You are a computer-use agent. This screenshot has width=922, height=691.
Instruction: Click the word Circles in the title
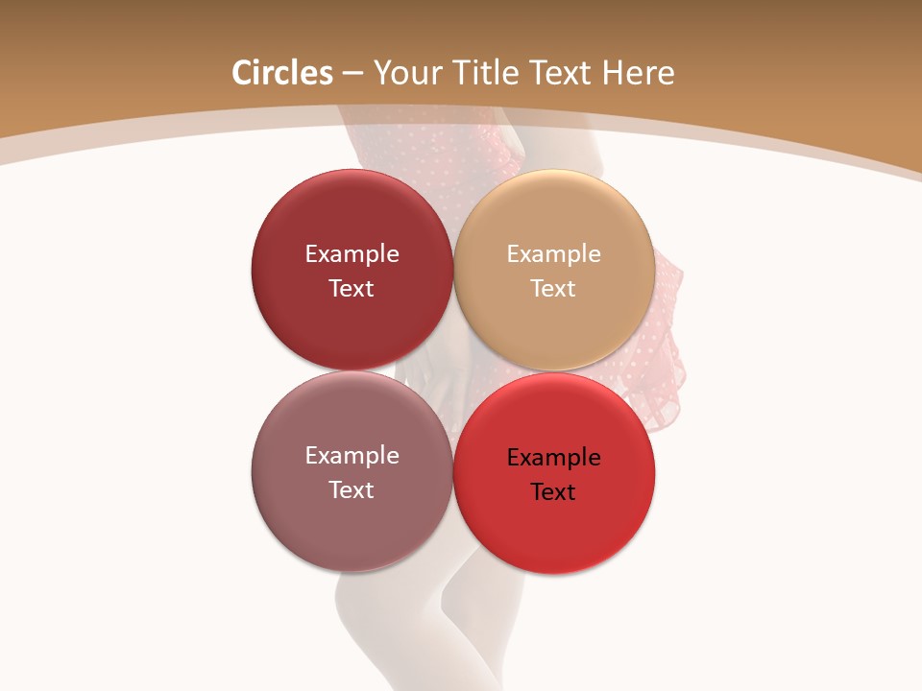[281, 73]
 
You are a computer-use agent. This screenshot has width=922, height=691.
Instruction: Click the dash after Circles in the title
[352, 74]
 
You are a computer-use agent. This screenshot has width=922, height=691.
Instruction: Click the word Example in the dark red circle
[352, 254]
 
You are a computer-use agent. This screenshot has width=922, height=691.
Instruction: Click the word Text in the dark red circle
[352, 289]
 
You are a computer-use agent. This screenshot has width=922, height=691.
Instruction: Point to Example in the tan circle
[553, 254]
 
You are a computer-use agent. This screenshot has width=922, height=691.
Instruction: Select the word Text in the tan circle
[553, 289]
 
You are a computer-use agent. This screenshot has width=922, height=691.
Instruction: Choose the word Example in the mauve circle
[352, 456]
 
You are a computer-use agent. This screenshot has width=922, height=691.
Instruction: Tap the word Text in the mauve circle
[352, 490]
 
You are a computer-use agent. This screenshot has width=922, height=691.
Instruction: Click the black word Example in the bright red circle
[553, 458]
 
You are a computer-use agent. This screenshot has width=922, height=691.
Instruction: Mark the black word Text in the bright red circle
[553, 492]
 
